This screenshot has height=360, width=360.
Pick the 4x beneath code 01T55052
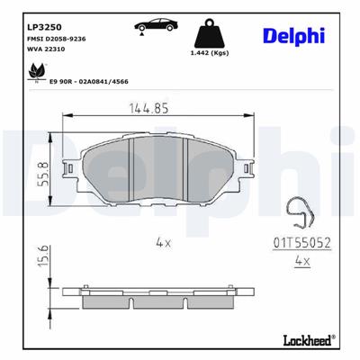pyautogui.click(x=302, y=261)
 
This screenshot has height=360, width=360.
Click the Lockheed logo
pyautogui.click(x=303, y=342)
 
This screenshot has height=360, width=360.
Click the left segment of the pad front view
pyautogui.click(x=103, y=166)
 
